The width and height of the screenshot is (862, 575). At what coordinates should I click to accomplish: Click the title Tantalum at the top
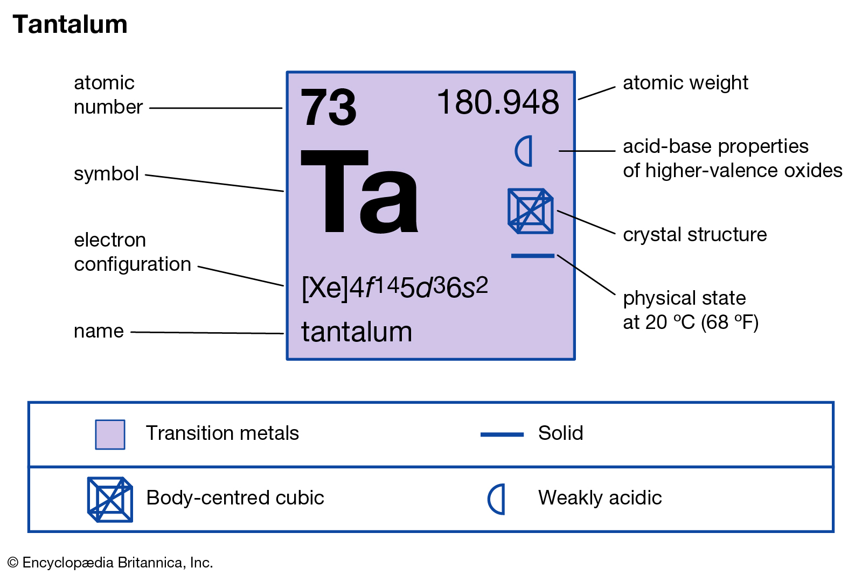pos(69,24)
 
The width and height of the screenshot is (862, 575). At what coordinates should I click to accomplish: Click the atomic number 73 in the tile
pos(328,107)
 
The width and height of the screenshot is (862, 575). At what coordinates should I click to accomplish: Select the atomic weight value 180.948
pos(498,102)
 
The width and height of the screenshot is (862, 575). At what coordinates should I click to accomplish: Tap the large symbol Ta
pos(359,192)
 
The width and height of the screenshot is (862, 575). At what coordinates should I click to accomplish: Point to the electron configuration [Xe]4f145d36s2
pos(395,287)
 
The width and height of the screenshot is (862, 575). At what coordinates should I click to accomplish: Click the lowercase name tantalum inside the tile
pos(356,332)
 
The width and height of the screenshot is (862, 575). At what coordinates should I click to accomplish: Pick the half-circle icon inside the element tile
pos(524,151)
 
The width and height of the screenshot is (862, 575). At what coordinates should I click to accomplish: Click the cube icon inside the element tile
pos(531,211)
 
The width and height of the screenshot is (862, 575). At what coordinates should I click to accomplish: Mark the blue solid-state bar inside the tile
pos(533,256)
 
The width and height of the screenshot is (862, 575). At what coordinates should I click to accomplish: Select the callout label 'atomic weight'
pos(685,83)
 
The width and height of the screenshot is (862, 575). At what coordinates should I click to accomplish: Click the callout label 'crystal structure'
pos(694,234)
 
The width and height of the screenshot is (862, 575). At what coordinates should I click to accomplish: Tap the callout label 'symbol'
pos(106,174)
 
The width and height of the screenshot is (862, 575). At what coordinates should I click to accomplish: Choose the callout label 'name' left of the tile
pos(99,331)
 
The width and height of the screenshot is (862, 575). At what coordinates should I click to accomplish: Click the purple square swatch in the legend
pos(110,434)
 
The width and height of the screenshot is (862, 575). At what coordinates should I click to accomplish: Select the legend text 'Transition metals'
pos(222,433)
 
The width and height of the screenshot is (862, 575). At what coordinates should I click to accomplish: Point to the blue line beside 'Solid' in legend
pos(502,434)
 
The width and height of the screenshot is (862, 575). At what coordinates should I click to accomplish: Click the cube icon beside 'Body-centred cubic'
pos(110,500)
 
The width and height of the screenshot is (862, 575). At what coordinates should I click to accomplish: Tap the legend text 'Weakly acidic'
pos(600,497)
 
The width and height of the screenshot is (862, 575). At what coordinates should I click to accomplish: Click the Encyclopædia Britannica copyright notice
pos(110,563)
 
